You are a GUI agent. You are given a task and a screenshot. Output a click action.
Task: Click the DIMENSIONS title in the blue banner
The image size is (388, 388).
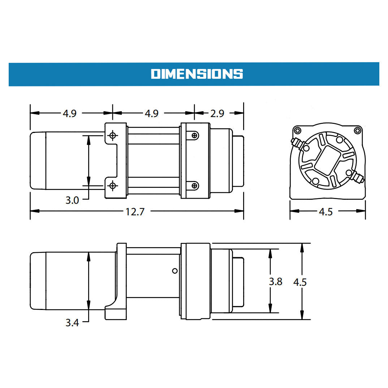[x=197, y=74]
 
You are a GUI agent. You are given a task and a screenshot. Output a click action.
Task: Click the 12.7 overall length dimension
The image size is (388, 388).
[x=135, y=212]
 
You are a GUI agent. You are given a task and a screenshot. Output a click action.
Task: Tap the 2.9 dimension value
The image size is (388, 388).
[x=217, y=113]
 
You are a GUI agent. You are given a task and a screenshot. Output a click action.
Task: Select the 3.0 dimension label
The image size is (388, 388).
[x=72, y=200]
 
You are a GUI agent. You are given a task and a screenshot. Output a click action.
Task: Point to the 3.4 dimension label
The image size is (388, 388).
[x=72, y=323]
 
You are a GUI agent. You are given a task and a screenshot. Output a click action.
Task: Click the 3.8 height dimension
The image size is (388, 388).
[x=276, y=281]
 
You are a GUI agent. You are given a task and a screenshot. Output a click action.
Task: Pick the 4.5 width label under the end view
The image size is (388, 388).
[x=326, y=212]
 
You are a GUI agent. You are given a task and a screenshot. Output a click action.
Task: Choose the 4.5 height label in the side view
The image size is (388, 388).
[x=300, y=282]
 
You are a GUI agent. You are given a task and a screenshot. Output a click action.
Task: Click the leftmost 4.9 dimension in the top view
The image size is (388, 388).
[x=69, y=113]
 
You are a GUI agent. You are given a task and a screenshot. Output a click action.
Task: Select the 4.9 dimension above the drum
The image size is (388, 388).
[x=152, y=113]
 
